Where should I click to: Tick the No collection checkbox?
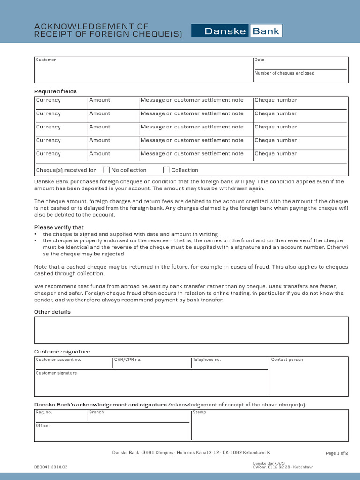(106, 170)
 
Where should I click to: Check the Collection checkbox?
(166, 170)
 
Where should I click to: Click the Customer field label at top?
(46, 60)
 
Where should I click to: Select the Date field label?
(259, 60)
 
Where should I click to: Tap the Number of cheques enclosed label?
(284, 73)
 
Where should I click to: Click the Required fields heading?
(55, 91)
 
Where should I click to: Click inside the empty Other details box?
(191, 330)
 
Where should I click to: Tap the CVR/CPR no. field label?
(127, 360)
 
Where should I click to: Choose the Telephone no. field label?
(207, 360)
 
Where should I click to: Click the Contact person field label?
(287, 360)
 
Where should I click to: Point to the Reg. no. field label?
(44, 412)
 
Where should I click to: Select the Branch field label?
(97, 412)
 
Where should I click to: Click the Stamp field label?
(199, 412)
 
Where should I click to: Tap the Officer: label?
(44, 426)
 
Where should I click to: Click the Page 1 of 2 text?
(337, 453)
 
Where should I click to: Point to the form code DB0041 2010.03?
(51, 467)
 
